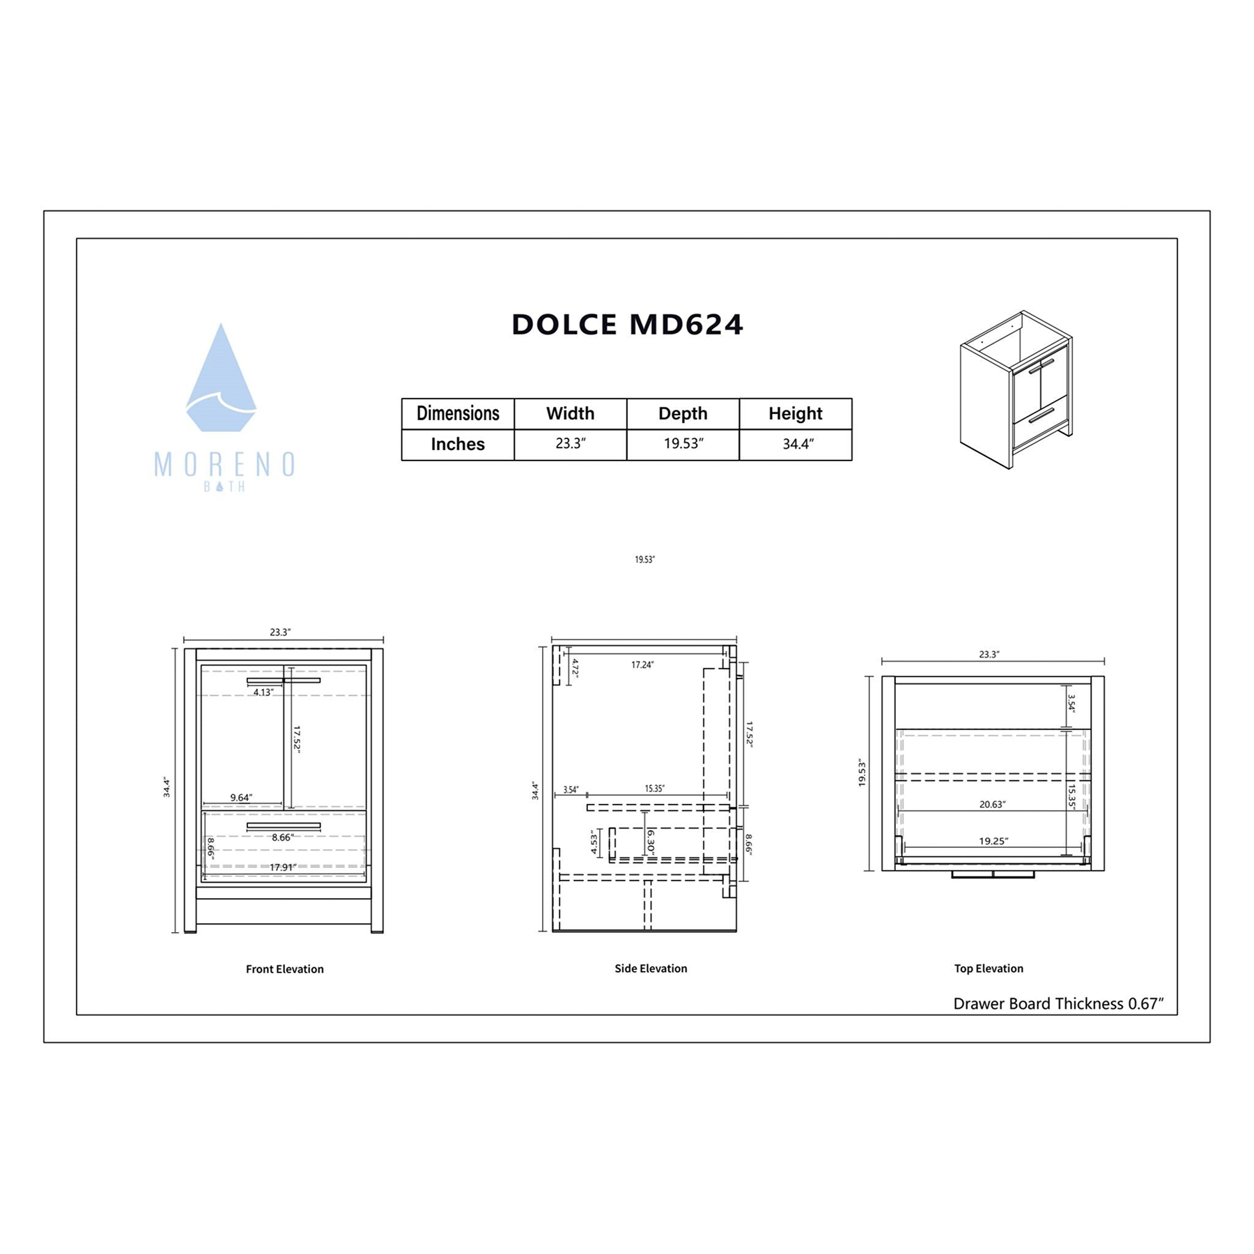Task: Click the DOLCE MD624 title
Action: [x=627, y=325]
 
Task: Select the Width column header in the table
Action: [x=570, y=413]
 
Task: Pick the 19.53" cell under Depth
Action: [x=683, y=444]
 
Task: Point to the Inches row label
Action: [x=458, y=444]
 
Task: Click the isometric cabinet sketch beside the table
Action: [x=1016, y=390]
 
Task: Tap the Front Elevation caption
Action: [x=284, y=969]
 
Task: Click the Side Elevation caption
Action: [x=650, y=968]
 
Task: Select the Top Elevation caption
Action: [x=988, y=968]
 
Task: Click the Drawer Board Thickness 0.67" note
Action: [x=1058, y=1004]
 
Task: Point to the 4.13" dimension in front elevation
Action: [x=263, y=692]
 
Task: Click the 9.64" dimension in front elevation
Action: [x=241, y=798]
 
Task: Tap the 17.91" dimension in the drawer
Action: [x=282, y=867]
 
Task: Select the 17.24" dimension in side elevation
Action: [x=642, y=665]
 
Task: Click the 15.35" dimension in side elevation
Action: [x=653, y=789]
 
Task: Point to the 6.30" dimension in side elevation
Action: [x=650, y=842]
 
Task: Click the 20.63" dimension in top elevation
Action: [x=991, y=805]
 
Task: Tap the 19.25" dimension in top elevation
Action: [x=993, y=842]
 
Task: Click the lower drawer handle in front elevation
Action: [x=284, y=826]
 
